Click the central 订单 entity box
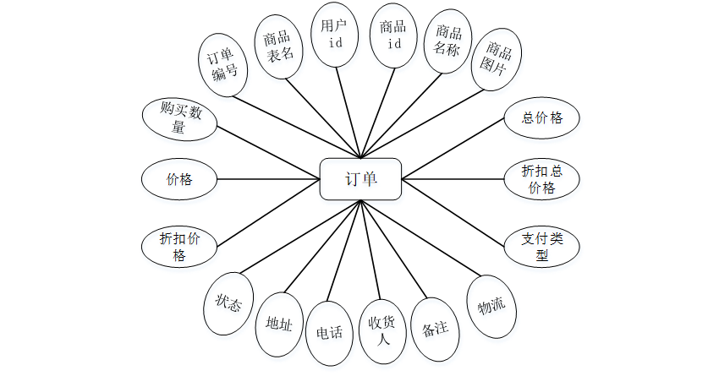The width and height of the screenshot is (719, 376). click(x=360, y=179)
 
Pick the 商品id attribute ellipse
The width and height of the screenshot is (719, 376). click(x=394, y=35)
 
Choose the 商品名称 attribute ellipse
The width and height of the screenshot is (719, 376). click(x=447, y=42)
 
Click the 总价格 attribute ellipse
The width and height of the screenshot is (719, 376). click(x=542, y=118)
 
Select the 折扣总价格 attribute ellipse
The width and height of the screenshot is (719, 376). click(x=542, y=179)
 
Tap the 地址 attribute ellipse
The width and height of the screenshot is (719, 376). click(x=279, y=324)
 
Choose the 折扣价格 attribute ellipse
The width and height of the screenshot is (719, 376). click(x=179, y=247)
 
